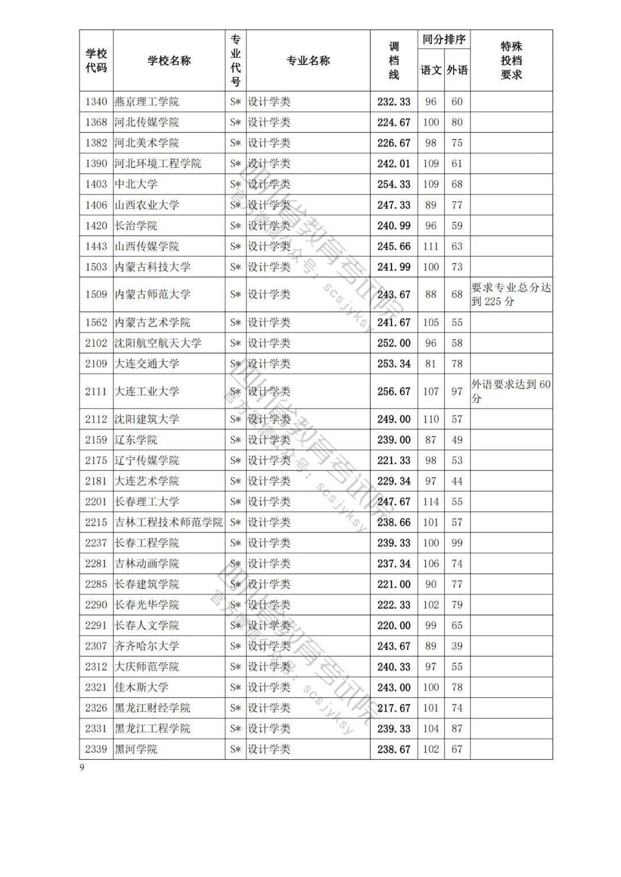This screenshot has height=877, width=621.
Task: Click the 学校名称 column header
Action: click(x=169, y=61)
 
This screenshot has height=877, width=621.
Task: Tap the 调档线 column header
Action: click(x=394, y=61)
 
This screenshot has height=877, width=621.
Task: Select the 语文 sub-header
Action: click(x=431, y=70)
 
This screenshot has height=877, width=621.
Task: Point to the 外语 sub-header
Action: click(x=457, y=70)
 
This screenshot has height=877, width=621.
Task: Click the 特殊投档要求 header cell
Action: click(x=511, y=61)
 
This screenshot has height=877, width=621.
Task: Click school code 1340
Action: click(x=96, y=102)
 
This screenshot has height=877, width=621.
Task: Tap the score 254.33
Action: click(x=394, y=184)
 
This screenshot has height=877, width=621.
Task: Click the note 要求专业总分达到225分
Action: click(x=511, y=295)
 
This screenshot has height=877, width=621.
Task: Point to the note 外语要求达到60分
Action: click(x=511, y=391)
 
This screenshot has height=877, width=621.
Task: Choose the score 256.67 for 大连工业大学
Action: click(x=394, y=391)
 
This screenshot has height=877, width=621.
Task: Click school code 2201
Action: click(x=96, y=501)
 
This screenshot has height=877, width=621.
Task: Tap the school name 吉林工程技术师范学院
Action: click(x=168, y=522)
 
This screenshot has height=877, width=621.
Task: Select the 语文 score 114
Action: click(x=431, y=501)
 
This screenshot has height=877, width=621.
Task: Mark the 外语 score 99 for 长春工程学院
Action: click(x=457, y=543)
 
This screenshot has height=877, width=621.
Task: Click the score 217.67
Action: click(x=394, y=708)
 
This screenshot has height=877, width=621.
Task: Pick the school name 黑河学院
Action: click(x=136, y=749)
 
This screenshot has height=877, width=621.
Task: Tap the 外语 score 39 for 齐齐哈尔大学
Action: click(x=457, y=646)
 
